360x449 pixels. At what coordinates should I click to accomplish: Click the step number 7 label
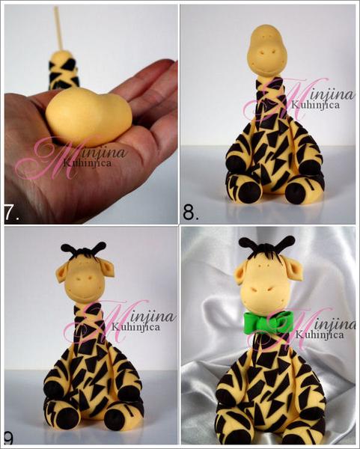pos(11,213)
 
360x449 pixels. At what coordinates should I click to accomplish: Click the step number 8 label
pos(190,213)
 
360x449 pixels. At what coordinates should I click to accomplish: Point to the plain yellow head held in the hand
pos(88,117)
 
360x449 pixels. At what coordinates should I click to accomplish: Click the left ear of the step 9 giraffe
pos(62,272)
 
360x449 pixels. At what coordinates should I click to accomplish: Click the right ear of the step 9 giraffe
pos(106,269)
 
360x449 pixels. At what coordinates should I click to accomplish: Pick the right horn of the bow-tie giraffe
pos(286,243)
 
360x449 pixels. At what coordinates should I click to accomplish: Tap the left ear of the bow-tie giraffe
pos(241,275)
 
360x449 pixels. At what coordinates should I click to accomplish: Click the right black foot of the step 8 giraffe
pos(296,193)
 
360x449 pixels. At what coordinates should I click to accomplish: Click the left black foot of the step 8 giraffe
pos(249,192)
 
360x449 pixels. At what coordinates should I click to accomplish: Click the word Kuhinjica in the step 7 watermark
pos(88,163)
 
